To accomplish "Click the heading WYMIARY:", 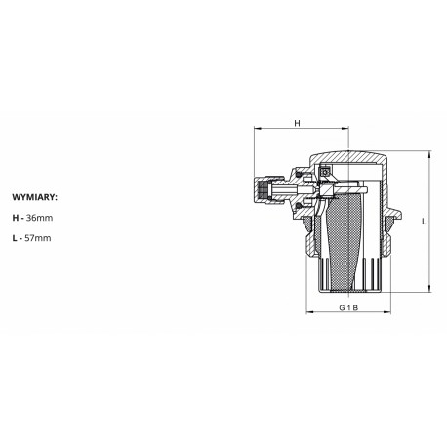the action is pos(34,197).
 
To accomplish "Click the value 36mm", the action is pos(39,218).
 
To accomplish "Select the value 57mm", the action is pos(38,238).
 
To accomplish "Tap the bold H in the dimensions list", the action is pos(16,218).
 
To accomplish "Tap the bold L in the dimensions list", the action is pos(15,238).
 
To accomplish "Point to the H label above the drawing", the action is pos(297,123).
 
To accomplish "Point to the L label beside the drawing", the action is pos(424,222).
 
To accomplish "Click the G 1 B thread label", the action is pos(348,307).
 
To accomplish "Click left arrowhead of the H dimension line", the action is pos(258,129).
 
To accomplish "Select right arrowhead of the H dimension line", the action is pos(345,129).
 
